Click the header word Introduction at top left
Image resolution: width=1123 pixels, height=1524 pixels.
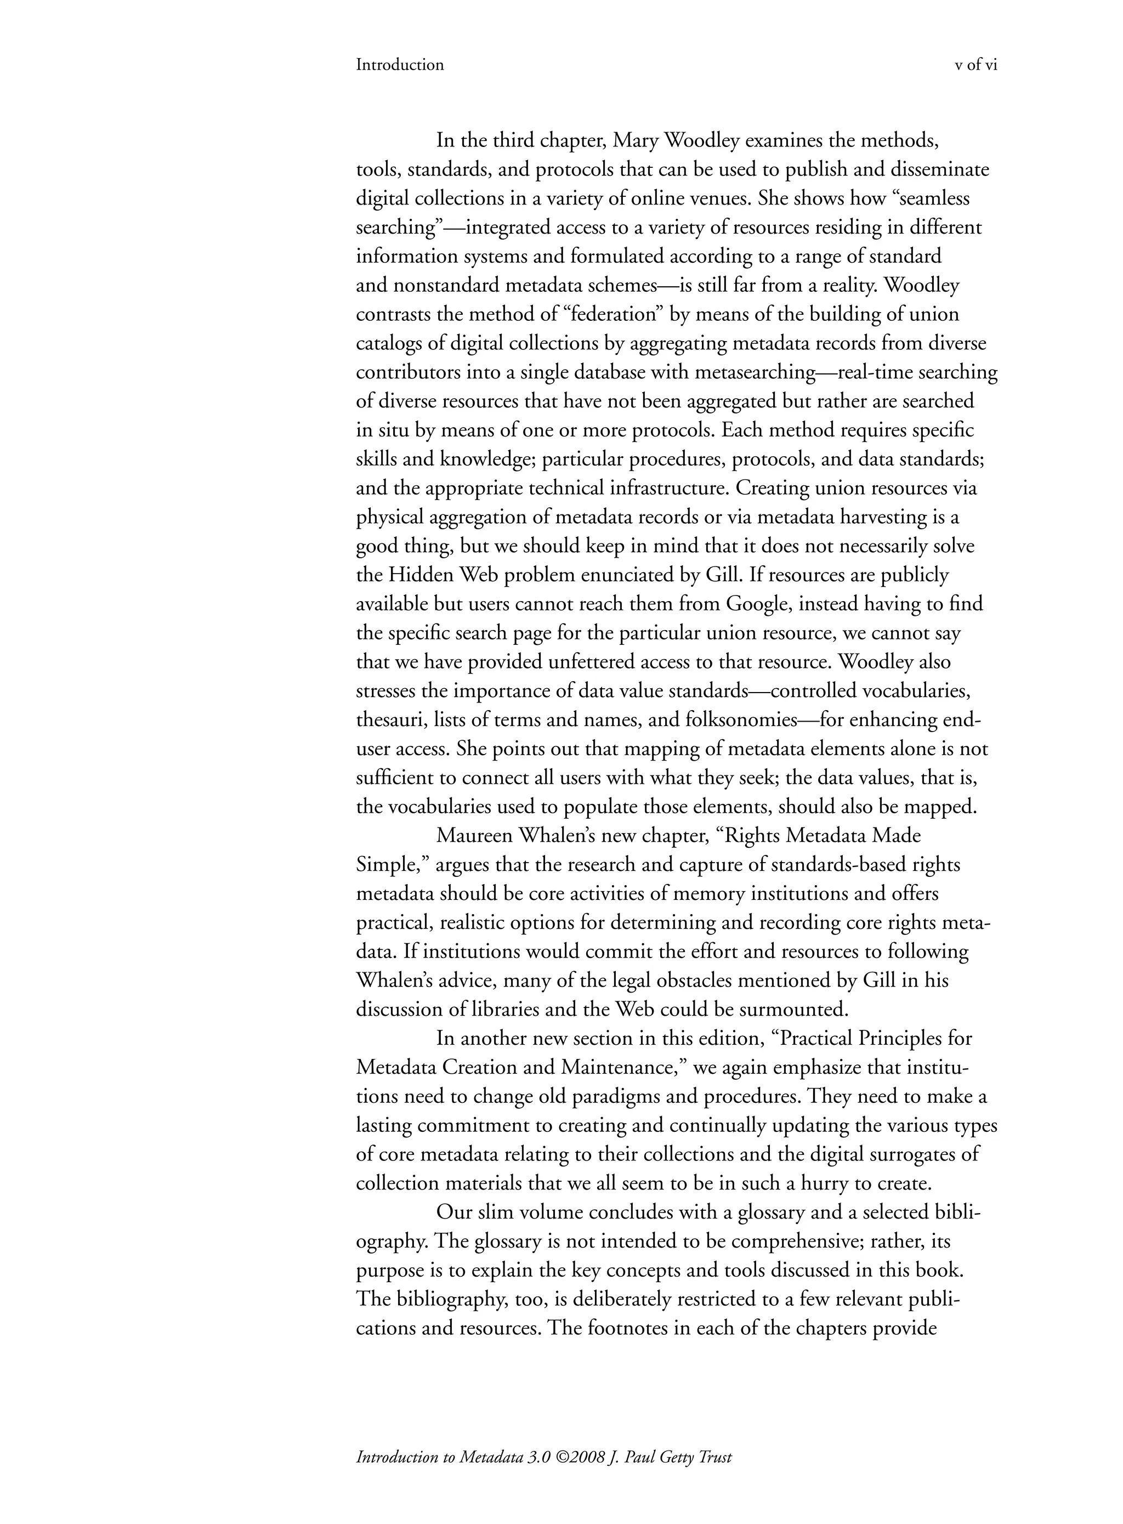400,65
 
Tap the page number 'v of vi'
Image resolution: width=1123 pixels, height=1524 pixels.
976,65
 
